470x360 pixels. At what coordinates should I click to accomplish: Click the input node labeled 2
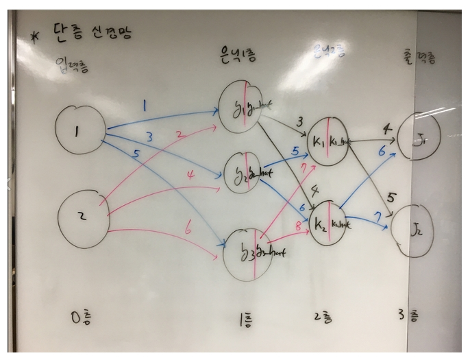click(81, 215)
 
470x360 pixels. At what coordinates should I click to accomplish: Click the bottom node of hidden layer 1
click(252, 252)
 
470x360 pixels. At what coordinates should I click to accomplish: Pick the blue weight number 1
click(145, 106)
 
